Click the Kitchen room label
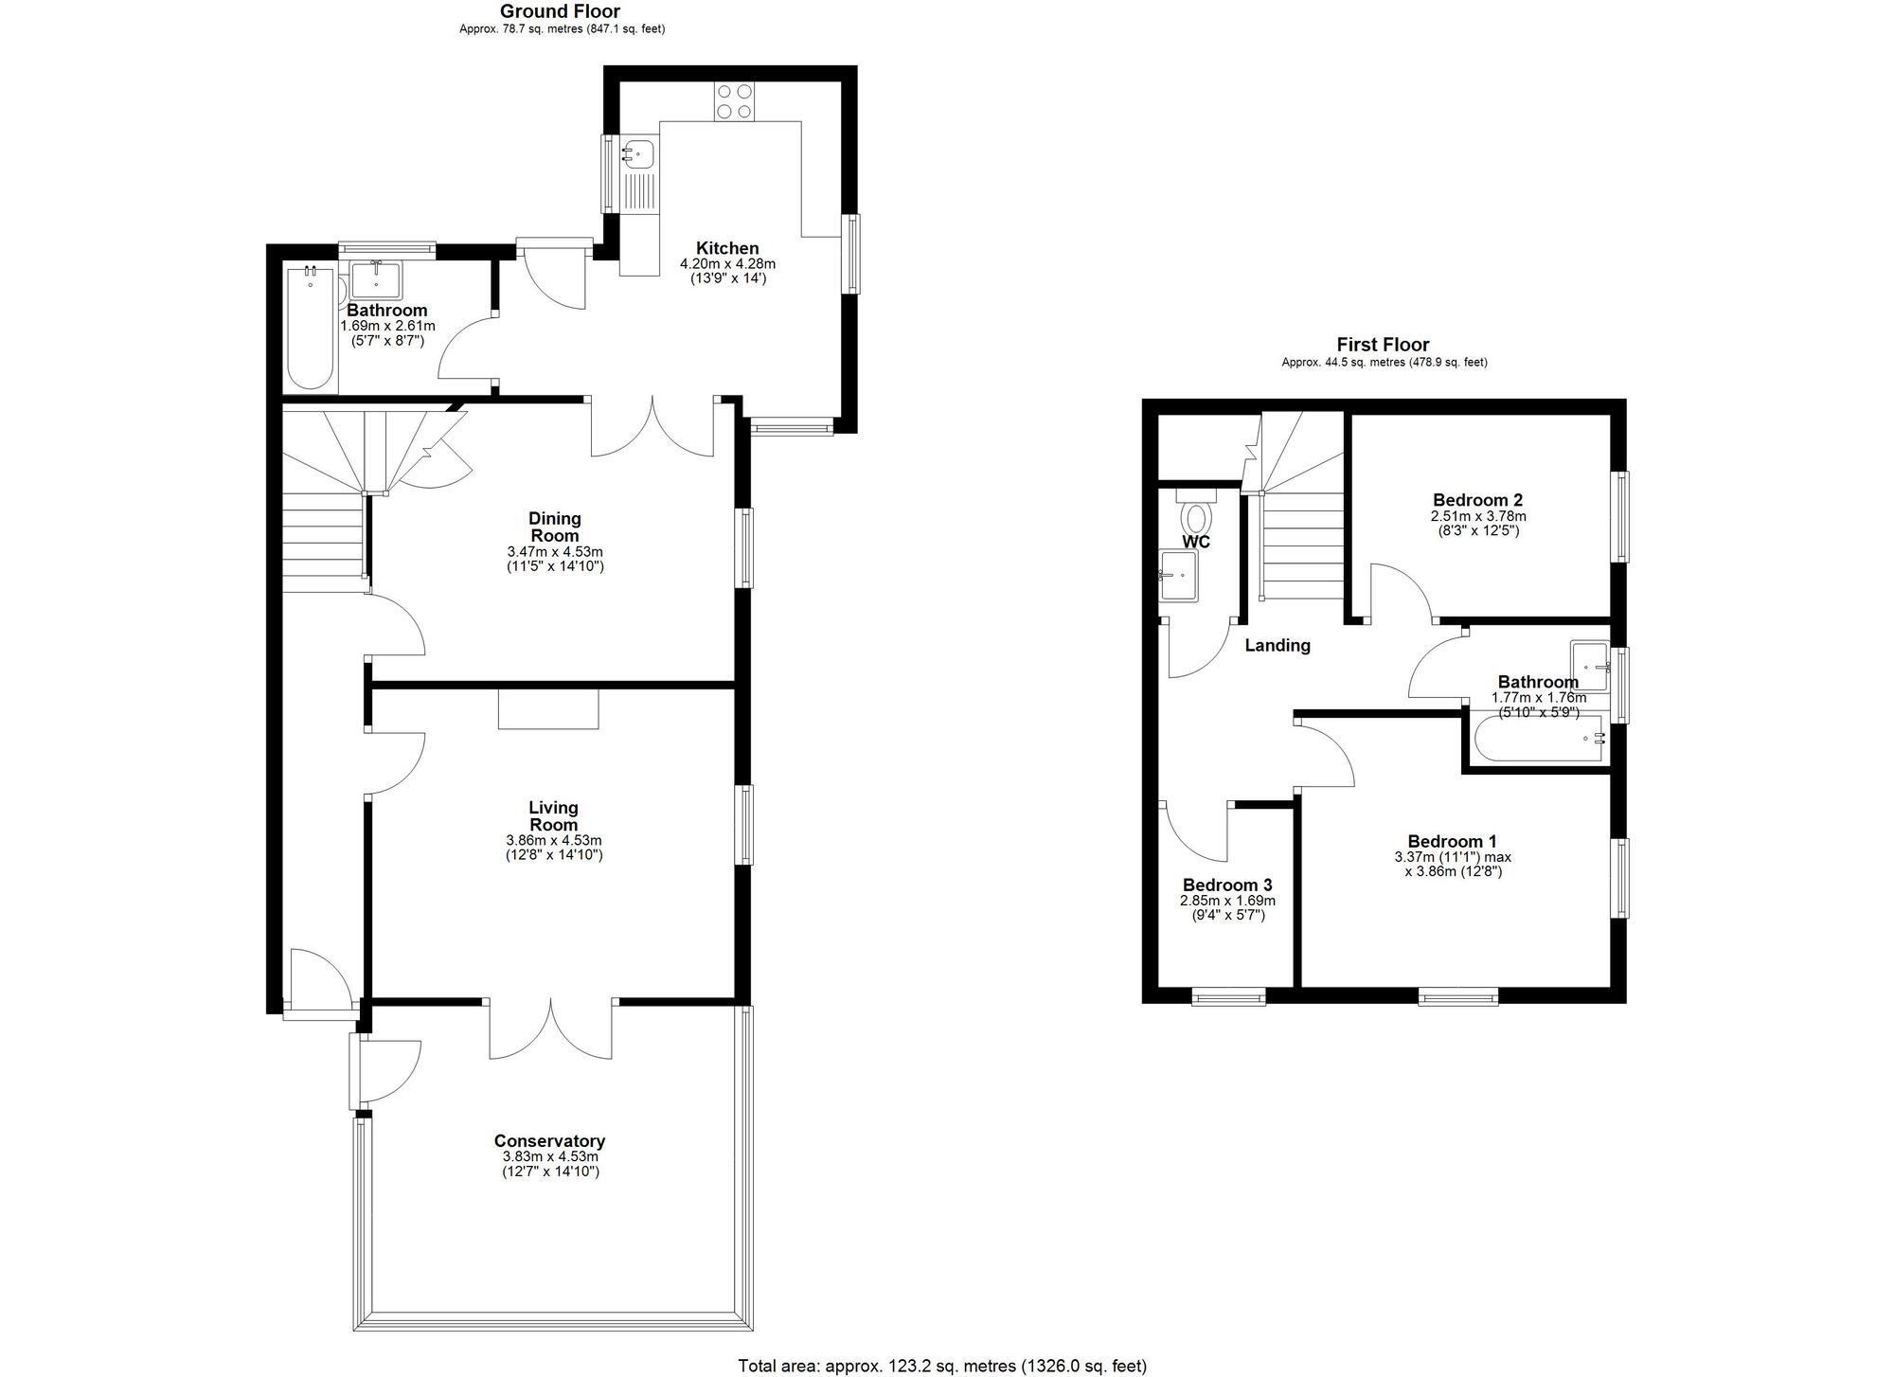pyautogui.click(x=727, y=248)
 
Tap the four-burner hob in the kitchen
pyautogui.click(x=734, y=101)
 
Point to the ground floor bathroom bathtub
pyautogui.click(x=311, y=330)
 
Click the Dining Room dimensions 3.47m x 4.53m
pyautogui.click(x=555, y=551)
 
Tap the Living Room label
pyautogui.click(x=553, y=815)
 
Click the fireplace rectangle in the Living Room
pyautogui.click(x=548, y=709)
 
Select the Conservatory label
pyautogui.click(x=549, y=1141)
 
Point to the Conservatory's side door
pyautogui.click(x=386, y=1070)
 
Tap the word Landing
pyautogui.click(x=1278, y=645)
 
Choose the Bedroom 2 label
pyautogui.click(x=1477, y=500)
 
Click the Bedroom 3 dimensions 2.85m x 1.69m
pyautogui.click(x=1227, y=901)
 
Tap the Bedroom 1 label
pyautogui.click(x=1452, y=841)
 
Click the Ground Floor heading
pyautogui.click(x=560, y=11)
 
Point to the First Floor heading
pyautogui.click(x=1383, y=345)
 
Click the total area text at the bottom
pyautogui.click(x=942, y=1366)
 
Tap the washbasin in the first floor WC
pyautogui.click(x=1179, y=576)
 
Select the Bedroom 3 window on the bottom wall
pyautogui.click(x=1228, y=996)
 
